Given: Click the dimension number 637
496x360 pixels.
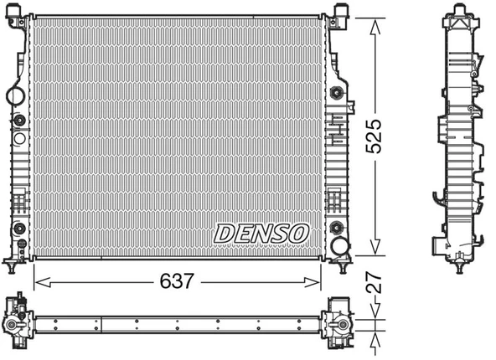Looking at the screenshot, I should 176,282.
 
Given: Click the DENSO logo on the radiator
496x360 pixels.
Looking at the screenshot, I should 262,234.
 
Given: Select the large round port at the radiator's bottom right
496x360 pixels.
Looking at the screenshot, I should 340,245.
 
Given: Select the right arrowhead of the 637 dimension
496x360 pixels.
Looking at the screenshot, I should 320,282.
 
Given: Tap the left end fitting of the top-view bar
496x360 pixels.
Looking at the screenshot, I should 18,322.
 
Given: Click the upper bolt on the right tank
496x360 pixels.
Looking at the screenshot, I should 338,92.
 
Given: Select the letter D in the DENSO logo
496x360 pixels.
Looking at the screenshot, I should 225,234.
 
